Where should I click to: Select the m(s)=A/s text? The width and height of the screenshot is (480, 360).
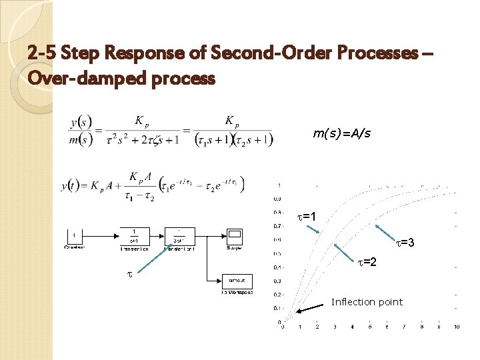341,134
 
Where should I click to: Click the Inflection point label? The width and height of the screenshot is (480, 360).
367,302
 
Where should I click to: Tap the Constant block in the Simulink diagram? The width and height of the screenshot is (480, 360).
75,236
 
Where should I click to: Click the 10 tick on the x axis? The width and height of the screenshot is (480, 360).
456,327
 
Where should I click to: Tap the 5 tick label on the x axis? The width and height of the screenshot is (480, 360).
369,327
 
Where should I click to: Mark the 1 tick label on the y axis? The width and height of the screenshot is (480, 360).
278,185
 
